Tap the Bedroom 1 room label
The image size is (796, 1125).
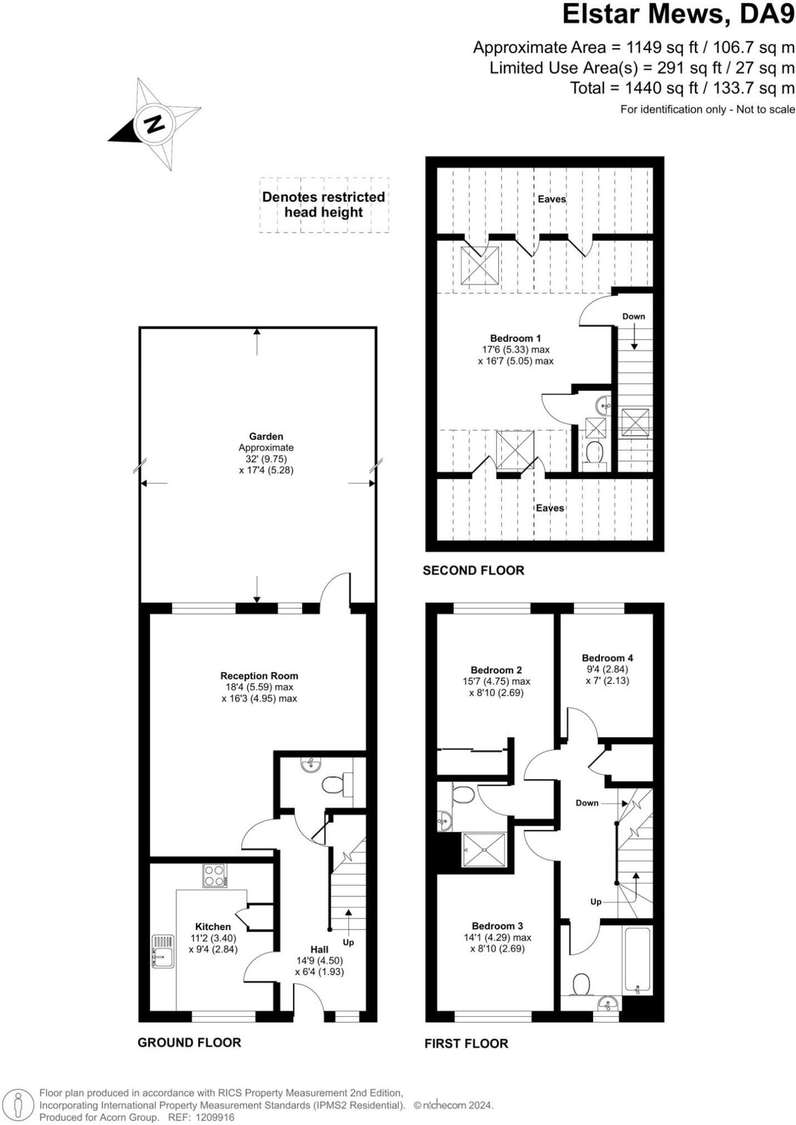pos(515,338)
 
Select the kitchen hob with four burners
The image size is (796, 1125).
pos(215,876)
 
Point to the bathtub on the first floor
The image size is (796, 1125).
pos(637,961)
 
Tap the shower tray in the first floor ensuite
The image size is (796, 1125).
pos(485,849)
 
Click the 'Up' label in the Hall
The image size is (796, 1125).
pos(349,942)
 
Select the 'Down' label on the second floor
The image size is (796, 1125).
pos(633,316)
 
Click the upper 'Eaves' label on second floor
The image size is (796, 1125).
pos(551,199)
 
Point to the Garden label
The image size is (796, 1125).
pos(266,436)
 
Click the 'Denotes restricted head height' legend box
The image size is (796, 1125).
pos(324,204)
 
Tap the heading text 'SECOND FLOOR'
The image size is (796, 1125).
pos(473,571)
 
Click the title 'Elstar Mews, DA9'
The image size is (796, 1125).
pos(678,15)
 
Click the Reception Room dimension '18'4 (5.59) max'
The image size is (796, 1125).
pos(259,687)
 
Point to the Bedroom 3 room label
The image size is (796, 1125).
pos(497,926)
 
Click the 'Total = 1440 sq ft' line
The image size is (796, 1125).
pos(681,88)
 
